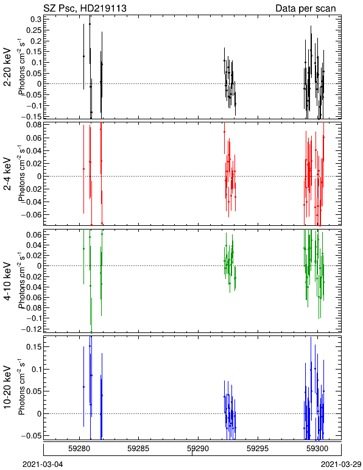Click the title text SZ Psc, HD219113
85,8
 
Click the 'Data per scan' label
306,8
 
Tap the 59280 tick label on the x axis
79,449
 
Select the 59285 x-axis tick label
138,449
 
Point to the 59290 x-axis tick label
198,449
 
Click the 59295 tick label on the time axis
258,449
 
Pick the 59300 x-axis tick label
317,449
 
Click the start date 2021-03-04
43,465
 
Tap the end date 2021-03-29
341,465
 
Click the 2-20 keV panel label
7,67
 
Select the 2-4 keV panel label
7,174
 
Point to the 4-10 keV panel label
7,281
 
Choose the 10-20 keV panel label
7,387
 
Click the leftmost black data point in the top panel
83,57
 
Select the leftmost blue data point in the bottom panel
83,387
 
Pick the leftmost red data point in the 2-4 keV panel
83,169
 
